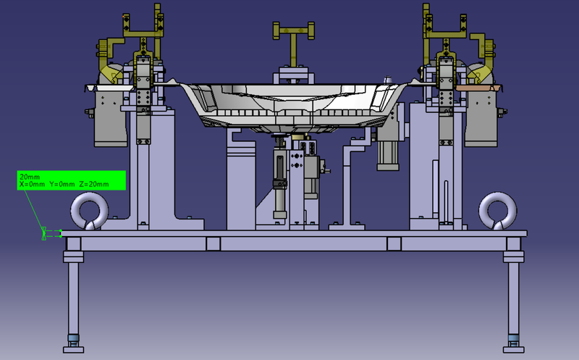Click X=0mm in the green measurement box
33,185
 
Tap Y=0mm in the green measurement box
63,185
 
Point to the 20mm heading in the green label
30,177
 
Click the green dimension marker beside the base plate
47,233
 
